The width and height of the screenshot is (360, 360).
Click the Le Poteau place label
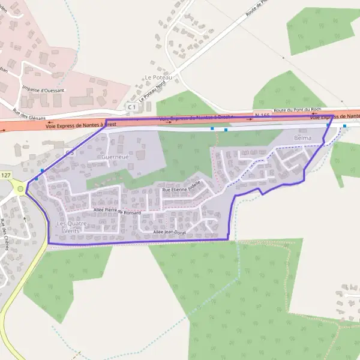[x=158, y=77]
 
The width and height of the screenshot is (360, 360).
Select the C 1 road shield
[x=131, y=106]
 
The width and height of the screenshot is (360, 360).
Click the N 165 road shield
[x=262, y=114]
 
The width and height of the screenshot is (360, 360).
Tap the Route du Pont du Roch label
[x=298, y=110]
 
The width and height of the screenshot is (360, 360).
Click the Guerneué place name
[x=115, y=157]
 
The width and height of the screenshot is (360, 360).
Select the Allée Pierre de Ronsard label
[x=117, y=211]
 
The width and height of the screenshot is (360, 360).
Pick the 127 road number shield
[x=6, y=175]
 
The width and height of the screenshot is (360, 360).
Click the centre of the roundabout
[x=21, y=190]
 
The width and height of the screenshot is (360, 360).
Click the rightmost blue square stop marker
[x=344, y=126]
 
